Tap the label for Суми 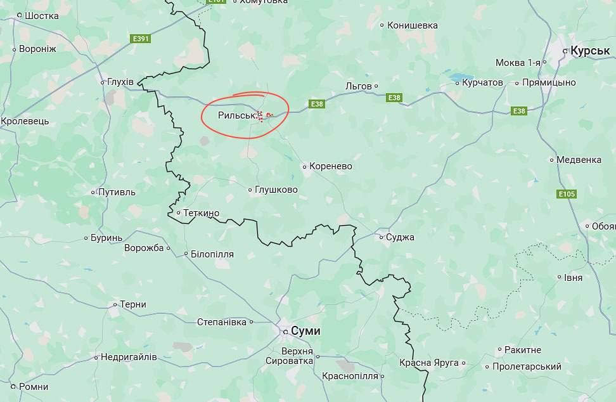[305, 331]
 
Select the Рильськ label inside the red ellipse [236, 115]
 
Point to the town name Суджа [401, 237]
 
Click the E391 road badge [141, 39]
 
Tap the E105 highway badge [567, 193]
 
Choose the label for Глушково [276, 190]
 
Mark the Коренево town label [330, 166]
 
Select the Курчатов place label [482, 82]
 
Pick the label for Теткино [201, 213]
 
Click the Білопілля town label [212, 254]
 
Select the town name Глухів [120, 82]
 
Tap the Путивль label [117, 192]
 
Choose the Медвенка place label [579, 160]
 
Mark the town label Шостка [42, 16]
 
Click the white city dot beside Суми [285, 331]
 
